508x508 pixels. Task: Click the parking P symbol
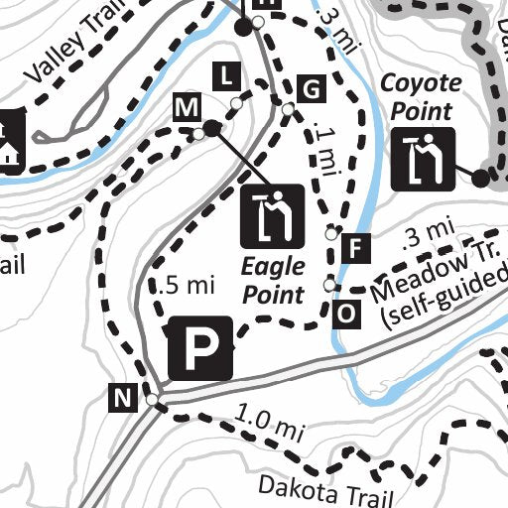point(200,349)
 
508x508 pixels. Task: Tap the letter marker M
point(185,106)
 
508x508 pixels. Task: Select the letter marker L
point(227,74)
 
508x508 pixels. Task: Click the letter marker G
point(312,90)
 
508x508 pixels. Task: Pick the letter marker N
point(122,400)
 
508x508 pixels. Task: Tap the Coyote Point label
point(422,97)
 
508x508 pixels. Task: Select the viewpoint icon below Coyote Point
point(423,158)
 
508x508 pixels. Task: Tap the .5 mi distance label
point(187,286)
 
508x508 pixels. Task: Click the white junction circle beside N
point(152,400)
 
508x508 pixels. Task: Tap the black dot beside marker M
point(211,128)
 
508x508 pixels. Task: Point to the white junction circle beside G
point(287,109)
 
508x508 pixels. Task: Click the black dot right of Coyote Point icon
point(481,178)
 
